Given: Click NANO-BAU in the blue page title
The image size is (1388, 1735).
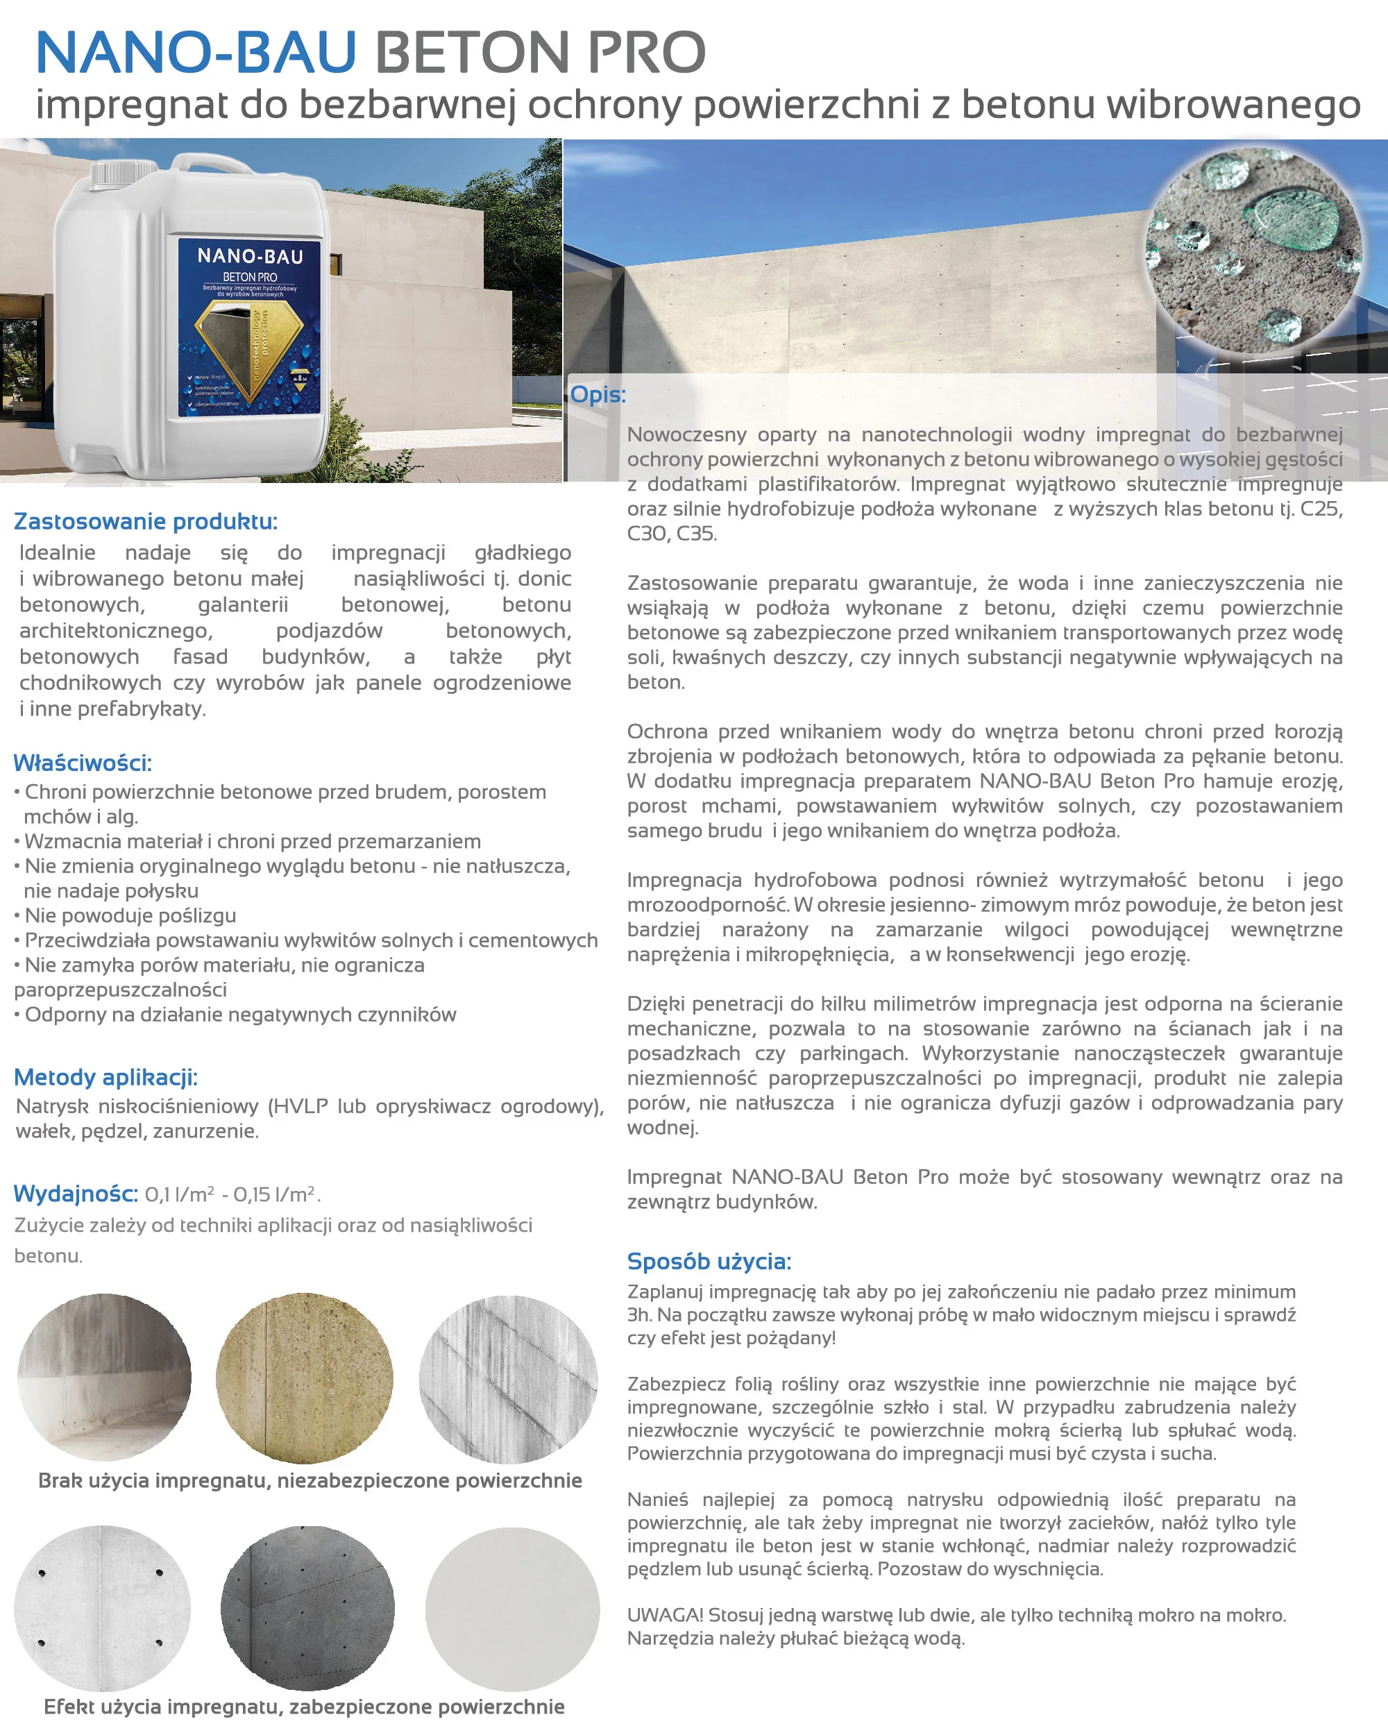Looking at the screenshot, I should [196, 52].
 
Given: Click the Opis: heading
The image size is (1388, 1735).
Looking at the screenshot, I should [598, 394].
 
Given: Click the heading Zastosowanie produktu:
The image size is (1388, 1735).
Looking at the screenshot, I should [146, 521].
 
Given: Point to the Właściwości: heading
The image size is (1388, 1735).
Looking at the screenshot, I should [82, 763].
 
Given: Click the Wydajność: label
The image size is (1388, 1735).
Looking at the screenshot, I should [76, 1194].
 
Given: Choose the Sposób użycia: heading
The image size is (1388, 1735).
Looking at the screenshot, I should [709, 1261].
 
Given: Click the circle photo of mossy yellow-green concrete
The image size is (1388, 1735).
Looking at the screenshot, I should [304, 1378].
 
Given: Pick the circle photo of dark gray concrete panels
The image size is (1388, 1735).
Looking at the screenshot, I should [307, 1608].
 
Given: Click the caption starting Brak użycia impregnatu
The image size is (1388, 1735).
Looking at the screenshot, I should [310, 1481].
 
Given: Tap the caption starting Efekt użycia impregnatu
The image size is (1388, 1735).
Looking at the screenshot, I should [304, 1707].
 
